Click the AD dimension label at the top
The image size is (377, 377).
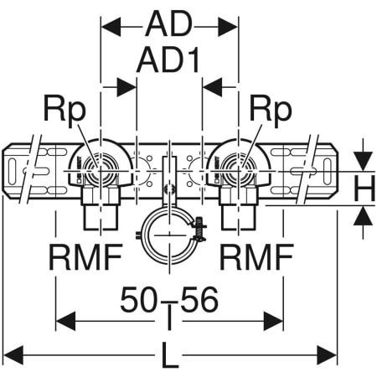[170, 25]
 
